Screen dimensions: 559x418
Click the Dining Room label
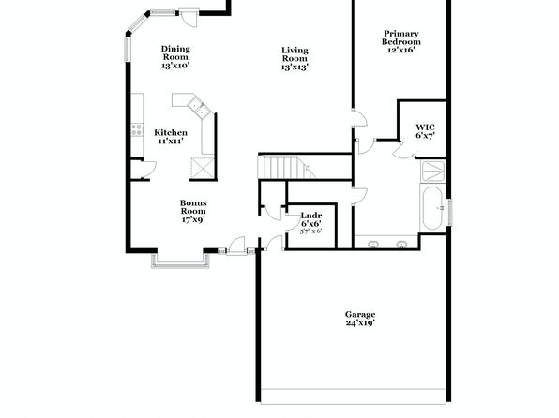tap(175, 52)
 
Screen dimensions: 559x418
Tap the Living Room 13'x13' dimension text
tap(295, 67)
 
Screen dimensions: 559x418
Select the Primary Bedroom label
tap(401, 37)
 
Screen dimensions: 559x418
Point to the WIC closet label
tap(425, 127)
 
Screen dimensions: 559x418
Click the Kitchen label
tap(171, 132)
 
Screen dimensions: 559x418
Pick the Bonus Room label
tap(193, 207)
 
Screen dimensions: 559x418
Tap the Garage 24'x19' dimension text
tap(360, 323)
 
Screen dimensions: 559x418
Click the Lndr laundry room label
tap(311, 216)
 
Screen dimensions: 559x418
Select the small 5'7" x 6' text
tap(310, 231)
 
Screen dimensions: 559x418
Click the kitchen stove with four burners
tap(137, 129)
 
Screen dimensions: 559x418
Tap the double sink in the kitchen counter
tap(199, 108)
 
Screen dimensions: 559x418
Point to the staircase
tap(287, 167)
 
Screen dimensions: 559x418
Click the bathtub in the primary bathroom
tap(432, 208)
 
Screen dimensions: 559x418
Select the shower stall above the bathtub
tap(433, 172)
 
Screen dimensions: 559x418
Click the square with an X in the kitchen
tap(203, 168)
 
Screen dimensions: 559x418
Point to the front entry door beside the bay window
tap(236, 246)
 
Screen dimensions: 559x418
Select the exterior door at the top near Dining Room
tap(189, 18)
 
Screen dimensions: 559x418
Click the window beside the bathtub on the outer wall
tap(450, 212)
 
